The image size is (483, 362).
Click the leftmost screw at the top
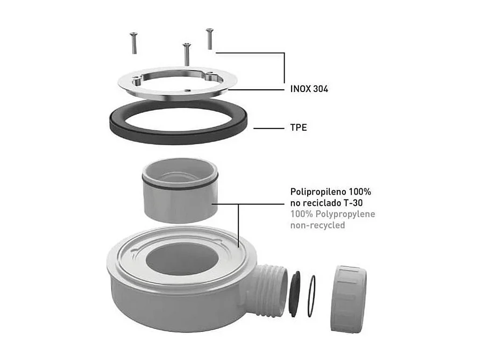click(133, 42)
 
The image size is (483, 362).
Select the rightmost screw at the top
click(210, 38)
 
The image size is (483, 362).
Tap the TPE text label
click(295, 129)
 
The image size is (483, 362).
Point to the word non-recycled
click(317, 225)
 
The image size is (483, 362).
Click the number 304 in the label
click(318, 89)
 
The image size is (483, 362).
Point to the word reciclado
click(323, 203)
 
